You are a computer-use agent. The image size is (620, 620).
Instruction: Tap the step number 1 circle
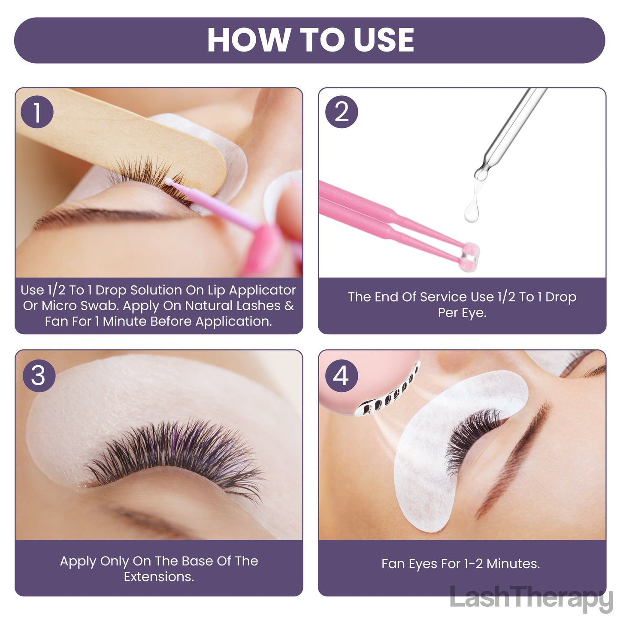(x=37, y=112)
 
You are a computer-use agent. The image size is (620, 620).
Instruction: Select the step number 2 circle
(x=342, y=112)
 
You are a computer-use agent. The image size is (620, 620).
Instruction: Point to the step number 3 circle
(x=39, y=375)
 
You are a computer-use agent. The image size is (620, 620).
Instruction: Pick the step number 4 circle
(x=342, y=375)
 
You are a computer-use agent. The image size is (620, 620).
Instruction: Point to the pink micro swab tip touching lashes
(x=169, y=181)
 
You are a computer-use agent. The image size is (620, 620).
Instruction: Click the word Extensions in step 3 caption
(x=159, y=577)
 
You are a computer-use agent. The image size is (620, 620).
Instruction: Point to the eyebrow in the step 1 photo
(x=106, y=215)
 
